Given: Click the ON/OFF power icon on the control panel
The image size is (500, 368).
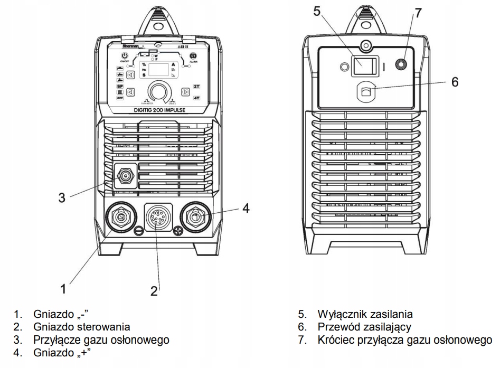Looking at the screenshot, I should click(x=124, y=56).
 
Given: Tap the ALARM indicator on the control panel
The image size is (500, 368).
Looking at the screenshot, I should click(x=194, y=55).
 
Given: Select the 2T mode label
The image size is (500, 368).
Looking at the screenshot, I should click(x=196, y=86).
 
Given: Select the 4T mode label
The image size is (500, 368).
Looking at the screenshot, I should click(x=196, y=98).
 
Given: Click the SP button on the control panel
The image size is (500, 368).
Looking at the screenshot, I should click(x=120, y=86).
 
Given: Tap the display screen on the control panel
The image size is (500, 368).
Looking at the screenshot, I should click(x=159, y=70).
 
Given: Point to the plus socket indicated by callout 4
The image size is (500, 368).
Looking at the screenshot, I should click(x=196, y=217).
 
